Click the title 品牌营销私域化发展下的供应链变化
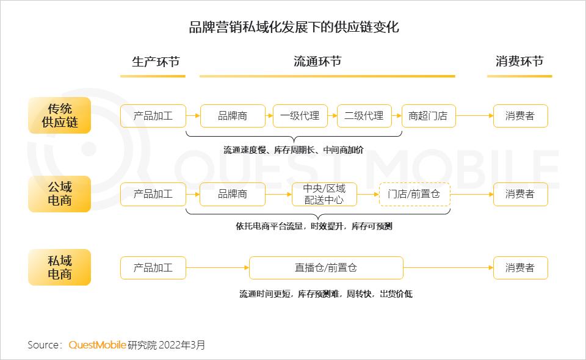[294, 27]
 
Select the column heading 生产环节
[156, 62]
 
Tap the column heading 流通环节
[317, 61]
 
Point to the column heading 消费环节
[519, 61]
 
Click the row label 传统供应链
[59, 115]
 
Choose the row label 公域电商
[59, 194]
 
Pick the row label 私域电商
[59, 267]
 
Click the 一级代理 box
[300, 116]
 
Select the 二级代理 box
[364, 116]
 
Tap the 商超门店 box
[429, 116]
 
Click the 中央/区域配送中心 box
[324, 194]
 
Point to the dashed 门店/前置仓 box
[414, 194]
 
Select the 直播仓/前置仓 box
[326, 268]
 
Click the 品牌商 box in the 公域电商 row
[233, 194]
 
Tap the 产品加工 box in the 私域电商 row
[153, 268]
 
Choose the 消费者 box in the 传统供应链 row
[520, 116]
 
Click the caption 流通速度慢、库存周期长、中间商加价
[294, 150]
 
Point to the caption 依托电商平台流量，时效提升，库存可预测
[314, 226]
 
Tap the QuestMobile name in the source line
[97, 345]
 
